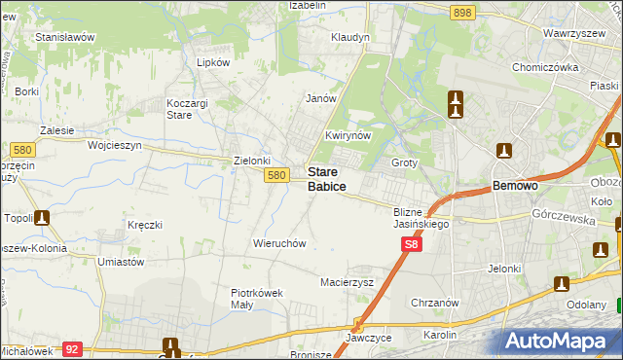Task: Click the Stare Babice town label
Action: pyautogui.click(x=326, y=178)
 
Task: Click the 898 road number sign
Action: pyautogui.click(x=462, y=12)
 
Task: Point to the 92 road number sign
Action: pyautogui.click(x=71, y=347)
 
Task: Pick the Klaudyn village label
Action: pyautogui.click(x=350, y=37)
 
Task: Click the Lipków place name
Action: pyautogui.click(x=212, y=61)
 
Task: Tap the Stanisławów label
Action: pyautogui.click(x=64, y=37)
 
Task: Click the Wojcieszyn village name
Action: pyautogui.click(x=115, y=144)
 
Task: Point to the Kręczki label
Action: pyautogui.click(x=144, y=225)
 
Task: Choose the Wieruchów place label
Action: pyautogui.click(x=280, y=243)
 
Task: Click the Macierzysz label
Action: pyautogui.click(x=348, y=282)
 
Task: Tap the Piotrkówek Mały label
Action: pyautogui.click(x=256, y=298)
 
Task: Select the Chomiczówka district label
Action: pyautogui.click(x=545, y=68)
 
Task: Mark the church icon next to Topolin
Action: pyautogui.click(x=43, y=218)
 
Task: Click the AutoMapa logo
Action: pyautogui.click(x=559, y=341)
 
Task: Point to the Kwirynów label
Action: pyautogui.click(x=348, y=135)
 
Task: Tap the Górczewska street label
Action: pyautogui.click(x=558, y=220)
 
